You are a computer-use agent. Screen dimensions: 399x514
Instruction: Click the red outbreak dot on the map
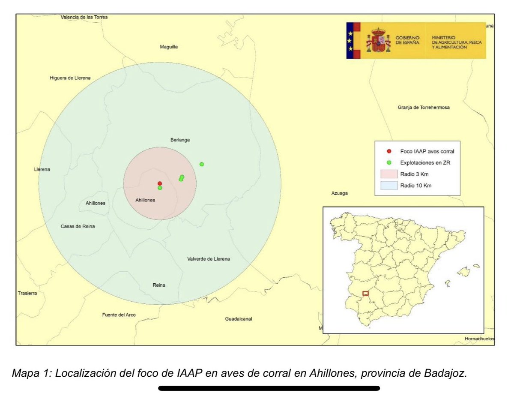pyautogui.click(x=160, y=183)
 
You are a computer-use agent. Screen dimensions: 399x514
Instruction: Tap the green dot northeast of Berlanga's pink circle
pyautogui.click(x=202, y=164)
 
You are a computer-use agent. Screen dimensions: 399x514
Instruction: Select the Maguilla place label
pyautogui.click(x=168, y=47)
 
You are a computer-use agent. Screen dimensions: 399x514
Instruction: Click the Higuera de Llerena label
pyautogui.click(x=70, y=78)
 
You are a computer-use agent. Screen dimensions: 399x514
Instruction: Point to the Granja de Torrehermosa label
pyautogui.click(x=424, y=108)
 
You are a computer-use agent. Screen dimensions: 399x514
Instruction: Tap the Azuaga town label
pyautogui.click(x=339, y=193)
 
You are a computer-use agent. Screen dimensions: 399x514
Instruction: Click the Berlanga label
pyautogui.click(x=180, y=140)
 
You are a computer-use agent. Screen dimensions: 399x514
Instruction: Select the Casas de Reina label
pyautogui.click(x=78, y=226)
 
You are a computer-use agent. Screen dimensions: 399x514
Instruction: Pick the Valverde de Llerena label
pyautogui.click(x=209, y=259)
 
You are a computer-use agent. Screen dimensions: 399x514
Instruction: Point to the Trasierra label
pyautogui.click(x=27, y=294)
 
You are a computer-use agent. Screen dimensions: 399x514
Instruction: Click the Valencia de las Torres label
pyautogui.click(x=84, y=17)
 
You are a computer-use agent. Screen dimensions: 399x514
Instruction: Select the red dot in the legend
pyautogui.click(x=388, y=151)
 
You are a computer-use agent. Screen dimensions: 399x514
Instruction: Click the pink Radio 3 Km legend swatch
pyautogui.click(x=388, y=174)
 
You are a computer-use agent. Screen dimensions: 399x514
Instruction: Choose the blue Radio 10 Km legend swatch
pyautogui.click(x=388, y=186)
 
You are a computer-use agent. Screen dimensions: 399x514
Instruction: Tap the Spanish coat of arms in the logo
pyautogui.click(x=378, y=40)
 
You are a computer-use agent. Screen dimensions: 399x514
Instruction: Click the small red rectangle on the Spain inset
pyautogui.click(x=365, y=294)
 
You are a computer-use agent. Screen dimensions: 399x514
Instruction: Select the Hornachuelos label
pyautogui.click(x=479, y=339)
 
